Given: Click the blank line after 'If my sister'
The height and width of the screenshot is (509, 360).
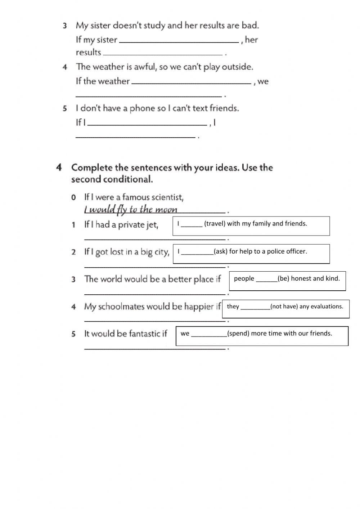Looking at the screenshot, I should [x=179, y=42].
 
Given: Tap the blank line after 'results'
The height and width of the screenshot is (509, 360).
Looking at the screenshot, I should [x=163, y=54].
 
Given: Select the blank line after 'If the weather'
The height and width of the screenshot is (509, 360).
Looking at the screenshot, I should [x=192, y=83].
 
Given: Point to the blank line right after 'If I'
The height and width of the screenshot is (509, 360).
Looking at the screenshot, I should [x=148, y=125].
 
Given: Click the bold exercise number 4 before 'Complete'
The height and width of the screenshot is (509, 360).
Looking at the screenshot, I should [x=59, y=168].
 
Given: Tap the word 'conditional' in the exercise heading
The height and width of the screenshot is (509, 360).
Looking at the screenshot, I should [x=131, y=179].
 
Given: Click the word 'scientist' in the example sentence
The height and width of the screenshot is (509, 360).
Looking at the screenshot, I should [x=167, y=197].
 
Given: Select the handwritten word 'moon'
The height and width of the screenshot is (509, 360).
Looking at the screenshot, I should [x=166, y=209].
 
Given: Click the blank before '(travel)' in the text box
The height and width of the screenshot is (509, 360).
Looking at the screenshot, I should [x=192, y=226].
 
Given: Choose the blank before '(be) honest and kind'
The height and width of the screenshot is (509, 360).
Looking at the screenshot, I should [x=266, y=280].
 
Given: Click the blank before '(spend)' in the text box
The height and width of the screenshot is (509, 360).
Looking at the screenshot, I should [x=209, y=335].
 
